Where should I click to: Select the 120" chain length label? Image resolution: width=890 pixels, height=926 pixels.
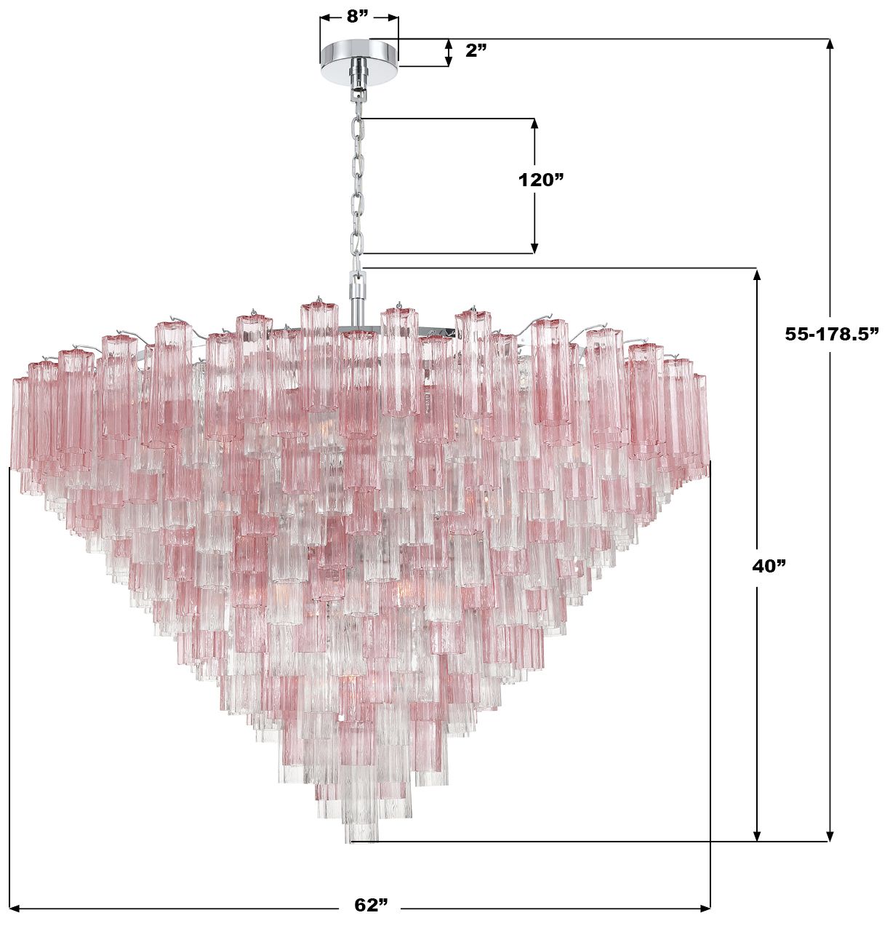coord(540,180)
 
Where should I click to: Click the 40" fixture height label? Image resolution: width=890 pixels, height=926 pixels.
coord(769,566)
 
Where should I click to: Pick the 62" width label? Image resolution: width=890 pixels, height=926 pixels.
coord(372,905)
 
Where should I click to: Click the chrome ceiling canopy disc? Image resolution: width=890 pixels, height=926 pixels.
coord(358,62)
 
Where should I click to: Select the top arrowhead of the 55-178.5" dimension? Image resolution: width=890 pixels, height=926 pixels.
coord(830,44)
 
